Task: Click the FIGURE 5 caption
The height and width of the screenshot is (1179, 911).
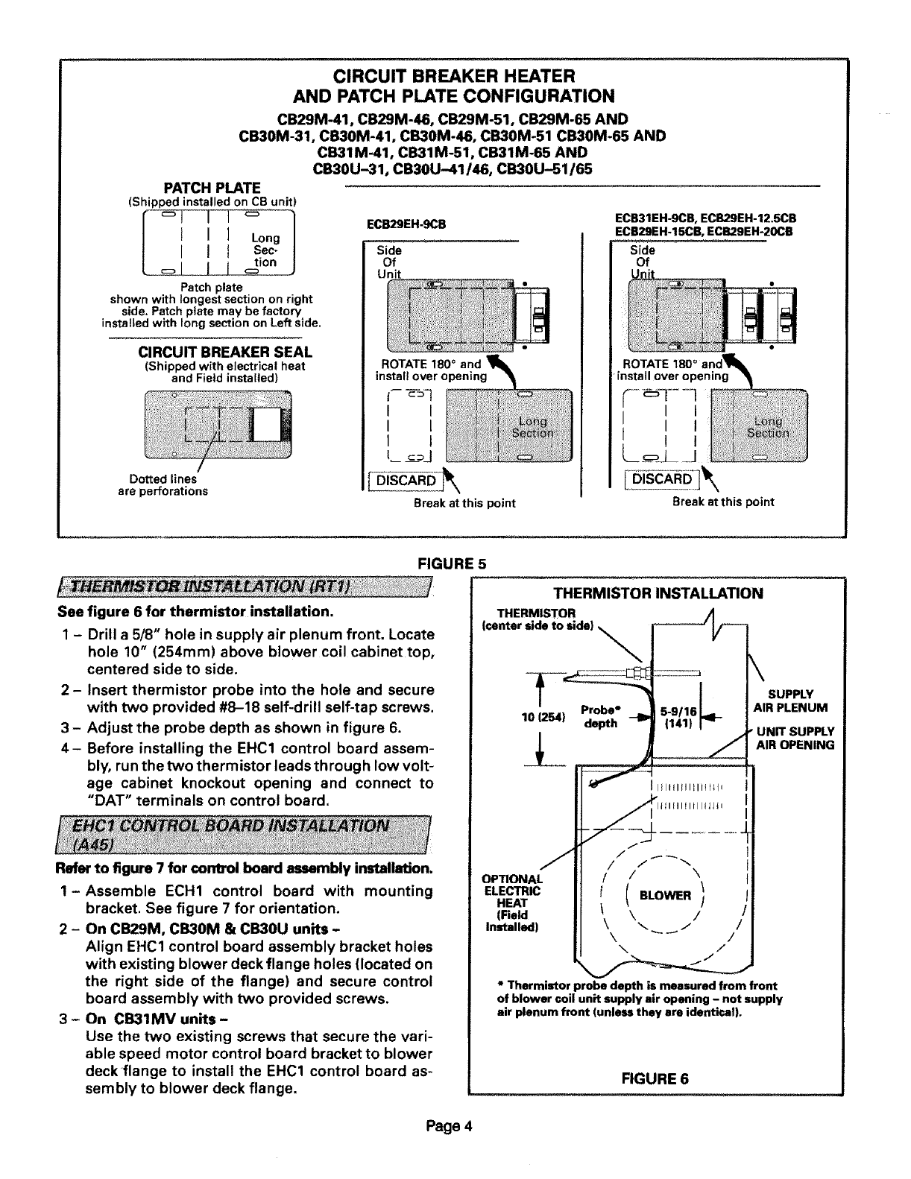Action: [x=454, y=563]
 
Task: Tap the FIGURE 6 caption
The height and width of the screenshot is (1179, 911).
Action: [x=655, y=1078]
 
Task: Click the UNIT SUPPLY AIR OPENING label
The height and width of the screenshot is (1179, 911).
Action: [x=795, y=738]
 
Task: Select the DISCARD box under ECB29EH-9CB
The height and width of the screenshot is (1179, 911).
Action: [x=406, y=480]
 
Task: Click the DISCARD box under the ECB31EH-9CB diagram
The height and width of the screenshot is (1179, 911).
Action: [x=662, y=479]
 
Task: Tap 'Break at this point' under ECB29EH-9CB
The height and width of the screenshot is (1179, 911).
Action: [x=464, y=503]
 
